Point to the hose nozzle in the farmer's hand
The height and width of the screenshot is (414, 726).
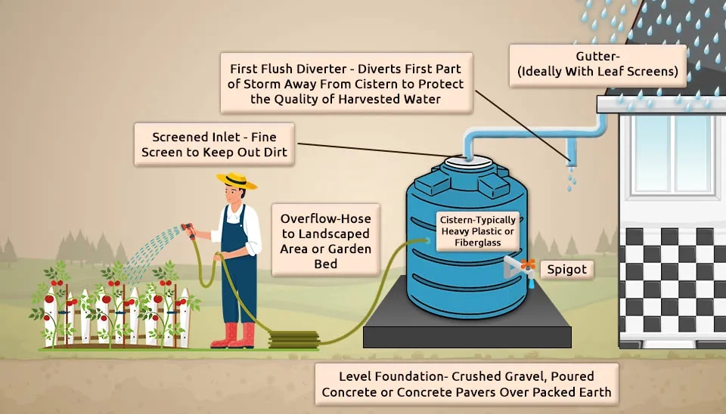pos(188,229)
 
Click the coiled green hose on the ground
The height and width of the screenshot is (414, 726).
pos(290,339)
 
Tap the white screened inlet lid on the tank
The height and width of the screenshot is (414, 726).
pos(467,162)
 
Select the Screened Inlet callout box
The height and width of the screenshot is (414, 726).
pos(215,145)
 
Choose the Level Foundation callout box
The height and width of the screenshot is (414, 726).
pos(466,384)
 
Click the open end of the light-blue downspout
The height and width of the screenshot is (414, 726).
pos(570,159)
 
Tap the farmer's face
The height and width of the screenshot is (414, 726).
pos(235,196)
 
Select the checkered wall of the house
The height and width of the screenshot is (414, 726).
pos(673,280)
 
